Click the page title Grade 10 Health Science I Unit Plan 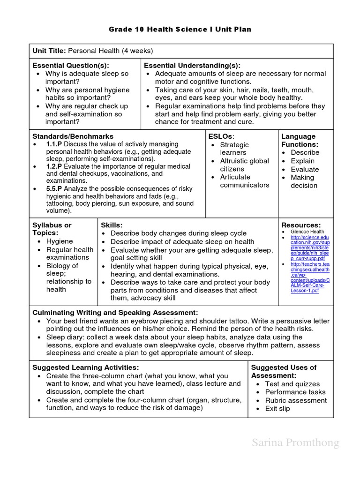point(180,29)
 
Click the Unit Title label point(49,51)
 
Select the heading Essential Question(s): point(70,66)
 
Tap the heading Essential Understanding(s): point(192,66)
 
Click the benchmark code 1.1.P point(54,144)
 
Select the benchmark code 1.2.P point(54,166)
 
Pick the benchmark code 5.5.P point(54,189)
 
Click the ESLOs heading point(220,136)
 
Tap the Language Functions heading point(299,140)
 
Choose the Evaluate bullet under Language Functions point(305,169)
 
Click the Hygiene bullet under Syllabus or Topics point(60,241)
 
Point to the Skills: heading point(112,225)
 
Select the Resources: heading point(301,225)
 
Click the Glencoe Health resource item point(307,232)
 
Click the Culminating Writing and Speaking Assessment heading point(115,313)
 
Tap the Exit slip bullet point(277,409)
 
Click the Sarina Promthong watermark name point(295,442)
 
